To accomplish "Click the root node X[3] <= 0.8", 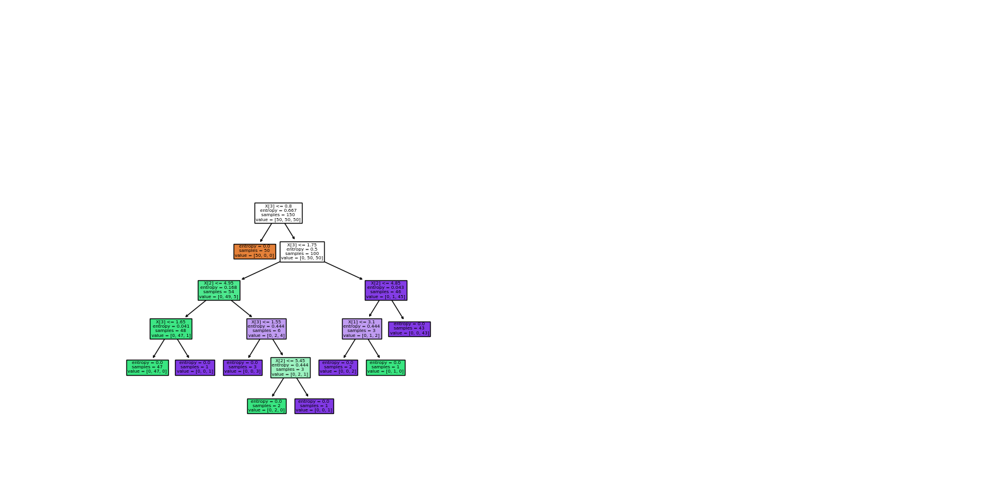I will pyautogui.click(x=278, y=213).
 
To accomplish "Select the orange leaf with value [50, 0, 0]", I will pyautogui.click(x=255, y=251).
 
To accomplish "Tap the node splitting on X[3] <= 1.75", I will pyautogui.click(x=302, y=251).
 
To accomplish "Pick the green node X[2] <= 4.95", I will pyautogui.click(x=219, y=290).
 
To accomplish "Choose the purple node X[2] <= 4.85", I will pyautogui.click(x=386, y=290).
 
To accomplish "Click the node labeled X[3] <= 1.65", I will pyautogui.click(x=171, y=328).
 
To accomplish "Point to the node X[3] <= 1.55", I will pyautogui.click(x=266, y=328).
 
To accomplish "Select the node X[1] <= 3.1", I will pyautogui.click(x=362, y=328).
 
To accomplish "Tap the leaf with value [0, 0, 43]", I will pyautogui.click(x=409, y=329).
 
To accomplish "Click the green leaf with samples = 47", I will pyautogui.click(x=147, y=367).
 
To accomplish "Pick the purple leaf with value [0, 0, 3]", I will pyautogui.click(x=243, y=367).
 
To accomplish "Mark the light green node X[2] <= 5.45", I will pyautogui.click(x=290, y=367).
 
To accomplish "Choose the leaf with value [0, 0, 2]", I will pyautogui.click(x=338, y=367).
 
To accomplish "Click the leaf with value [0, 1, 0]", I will pyautogui.click(x=386, y=367).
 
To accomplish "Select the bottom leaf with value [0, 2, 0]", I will pyautogui.click(x=266, y=406).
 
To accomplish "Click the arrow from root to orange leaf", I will pyautogui.click(x=266, y=232).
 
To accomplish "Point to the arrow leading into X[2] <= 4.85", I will pyautogui.click(x=343, y=270).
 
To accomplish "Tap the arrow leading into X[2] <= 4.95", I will pyautogui.click(x=261, y=271).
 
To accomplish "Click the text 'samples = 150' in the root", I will pyautogui.click(x=278, y=215).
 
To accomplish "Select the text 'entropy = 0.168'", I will pyautogui.click(x=219, y=288).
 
